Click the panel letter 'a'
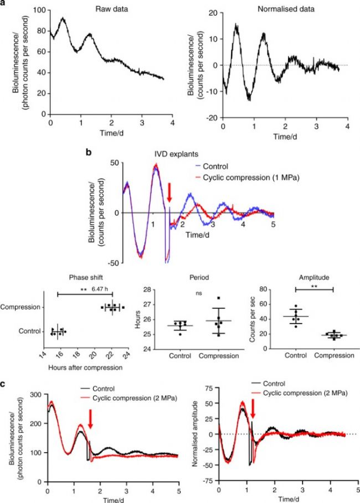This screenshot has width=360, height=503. tap(4, 3)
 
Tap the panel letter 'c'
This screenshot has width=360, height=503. tap(4, 381)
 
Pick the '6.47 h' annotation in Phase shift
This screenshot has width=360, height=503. tap(100, 288)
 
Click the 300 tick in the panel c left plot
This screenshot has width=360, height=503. tap(37, 394)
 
